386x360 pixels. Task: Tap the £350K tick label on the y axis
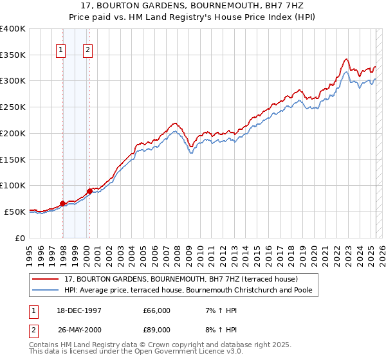pyautogui.click(x=13, y=55)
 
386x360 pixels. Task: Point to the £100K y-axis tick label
pyautogui.click(x=13, y=185)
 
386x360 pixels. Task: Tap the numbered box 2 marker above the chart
pyautogui.click(x=87, y=51)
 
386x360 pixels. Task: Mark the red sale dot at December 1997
pyautogui.click(x=63, y=203)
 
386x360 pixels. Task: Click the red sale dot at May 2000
pyautogui.click(x=89, y=191)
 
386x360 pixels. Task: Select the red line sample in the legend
pyautogui.click(x=46, y=279)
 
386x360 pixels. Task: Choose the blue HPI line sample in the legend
pyautogui.click(x=46, y=291)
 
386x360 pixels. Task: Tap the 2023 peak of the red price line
pyautogui.click(x=346, y=59)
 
